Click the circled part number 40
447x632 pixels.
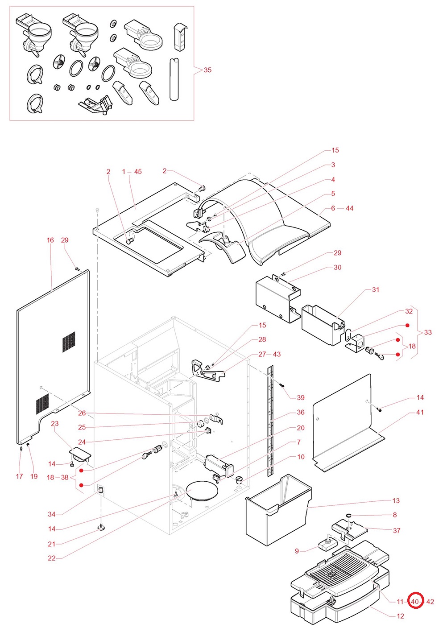[415, 601]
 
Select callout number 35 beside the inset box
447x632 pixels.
[207, 70]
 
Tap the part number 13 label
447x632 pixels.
[396, 500]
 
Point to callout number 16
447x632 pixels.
[50, 240]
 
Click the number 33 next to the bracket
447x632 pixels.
[428, 332]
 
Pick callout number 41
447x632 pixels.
[420, 412]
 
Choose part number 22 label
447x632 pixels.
[52, 558]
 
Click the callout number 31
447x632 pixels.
[376, 289]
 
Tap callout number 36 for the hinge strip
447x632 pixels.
[301, 412]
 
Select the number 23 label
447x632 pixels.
[55, 423]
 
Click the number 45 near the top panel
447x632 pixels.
[138, 172]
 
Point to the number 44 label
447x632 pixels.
[349, 208]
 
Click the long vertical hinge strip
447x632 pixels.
[269, 419]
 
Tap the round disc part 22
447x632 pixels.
[202, 490]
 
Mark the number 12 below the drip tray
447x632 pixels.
[400, 616]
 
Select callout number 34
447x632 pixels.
[52, 514]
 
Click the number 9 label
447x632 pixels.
[297, 551]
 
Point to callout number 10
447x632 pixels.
[301, 457]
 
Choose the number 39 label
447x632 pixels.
[301, 397]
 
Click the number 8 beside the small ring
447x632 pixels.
[395, 515]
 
